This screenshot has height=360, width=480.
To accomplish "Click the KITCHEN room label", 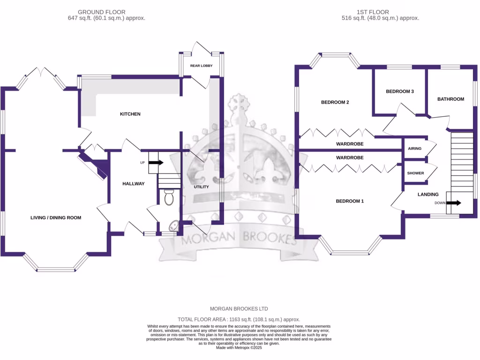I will click(130, 114).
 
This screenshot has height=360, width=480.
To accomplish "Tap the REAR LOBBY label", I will click(201, 66).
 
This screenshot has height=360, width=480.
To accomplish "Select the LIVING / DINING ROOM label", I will click(56, 217).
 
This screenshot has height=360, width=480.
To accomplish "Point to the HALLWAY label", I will click(134, 184).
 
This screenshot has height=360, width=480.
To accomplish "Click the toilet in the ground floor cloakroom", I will click(169, 197).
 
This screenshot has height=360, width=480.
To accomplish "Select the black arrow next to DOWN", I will click(454, 203).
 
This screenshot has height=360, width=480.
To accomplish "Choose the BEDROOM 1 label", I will click(350, 201).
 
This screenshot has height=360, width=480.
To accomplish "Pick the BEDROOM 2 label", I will click(335, 102).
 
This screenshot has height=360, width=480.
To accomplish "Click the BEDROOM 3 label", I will click(399, 91).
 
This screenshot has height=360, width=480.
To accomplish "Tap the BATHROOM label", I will click(450, 99).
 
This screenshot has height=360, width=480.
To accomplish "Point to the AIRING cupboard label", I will click(415, 149).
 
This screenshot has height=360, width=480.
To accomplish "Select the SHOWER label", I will click(415, 173).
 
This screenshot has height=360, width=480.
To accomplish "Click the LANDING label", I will click(428, 194).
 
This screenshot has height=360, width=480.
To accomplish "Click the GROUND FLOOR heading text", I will click(101, 12).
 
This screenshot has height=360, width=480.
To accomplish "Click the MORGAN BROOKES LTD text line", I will click(239, 309).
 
